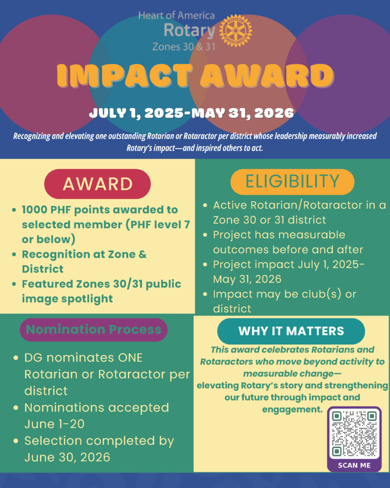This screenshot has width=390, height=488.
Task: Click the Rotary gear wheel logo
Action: (236, 30)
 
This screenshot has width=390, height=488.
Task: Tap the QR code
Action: (354, 434)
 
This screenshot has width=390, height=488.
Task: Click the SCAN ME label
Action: (354, 465)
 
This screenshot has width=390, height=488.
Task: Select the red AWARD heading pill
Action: (97, 183)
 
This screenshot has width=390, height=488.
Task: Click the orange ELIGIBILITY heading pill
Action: (292, 182)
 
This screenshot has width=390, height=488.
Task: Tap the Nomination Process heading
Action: (94, 330)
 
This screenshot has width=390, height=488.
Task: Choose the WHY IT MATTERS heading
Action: (291, 331)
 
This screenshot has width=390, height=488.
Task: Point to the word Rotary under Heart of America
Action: (190, 30)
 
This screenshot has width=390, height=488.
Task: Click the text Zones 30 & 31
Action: (184, 47)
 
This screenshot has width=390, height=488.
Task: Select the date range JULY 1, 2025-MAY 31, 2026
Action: (191, 113)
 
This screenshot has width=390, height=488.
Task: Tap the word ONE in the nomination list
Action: (130, 358)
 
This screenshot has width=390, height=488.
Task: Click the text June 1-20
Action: (54, 424)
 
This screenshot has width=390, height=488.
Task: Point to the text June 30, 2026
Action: (67, 457)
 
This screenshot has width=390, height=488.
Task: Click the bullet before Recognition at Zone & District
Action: (14, 254)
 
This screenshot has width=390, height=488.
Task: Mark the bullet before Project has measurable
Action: (205, 235)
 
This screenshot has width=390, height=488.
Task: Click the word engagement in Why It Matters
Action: (292, 409)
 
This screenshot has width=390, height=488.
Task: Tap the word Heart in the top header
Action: (149, 15)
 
